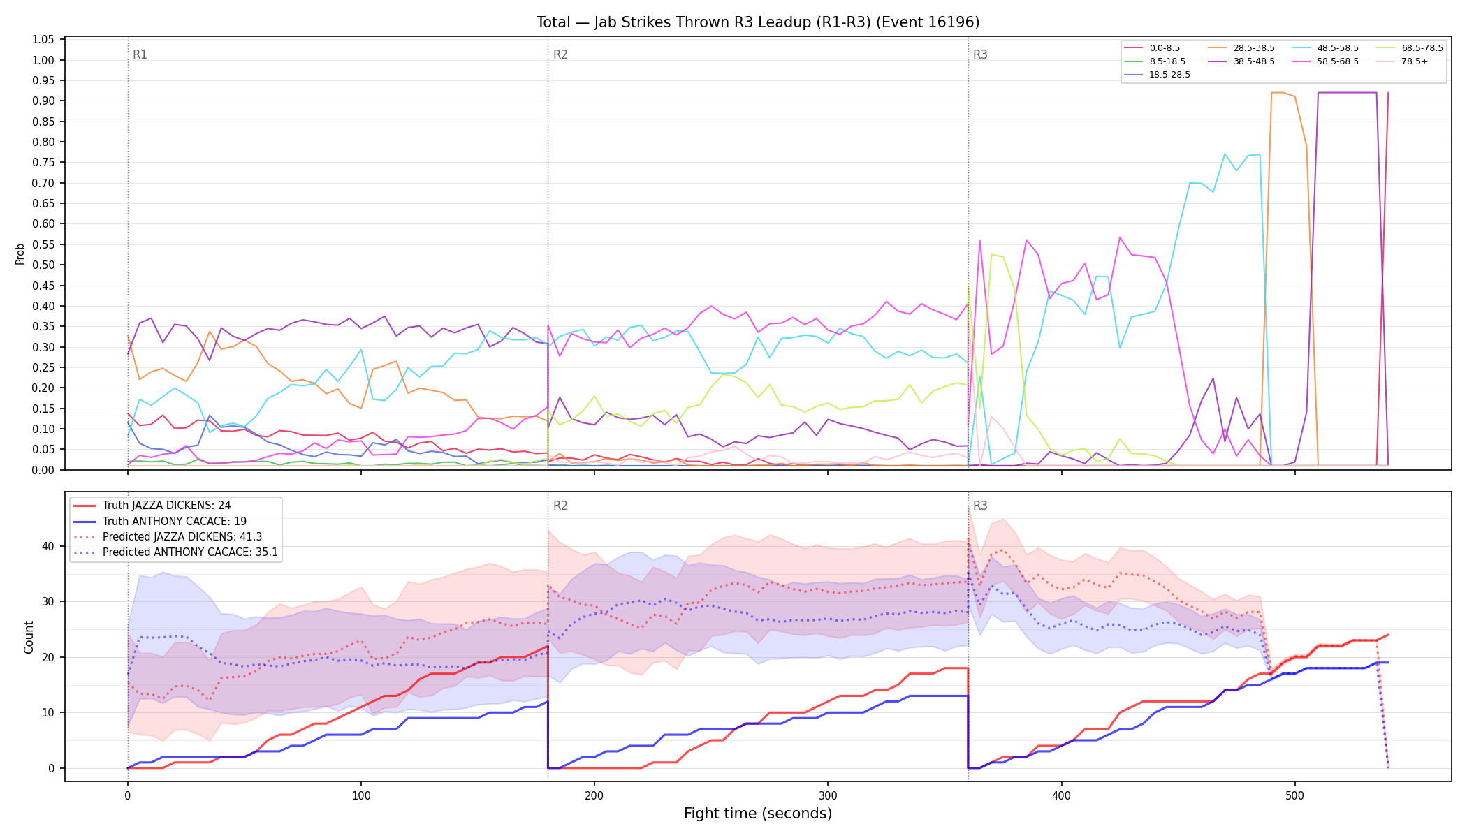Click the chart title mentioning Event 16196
coord(758,22)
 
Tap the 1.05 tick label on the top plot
coord(43,40)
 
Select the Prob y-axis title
coord(20,253)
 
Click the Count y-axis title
coord(29,637)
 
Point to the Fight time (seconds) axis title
coord(758,814)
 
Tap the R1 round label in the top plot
coord(140,54)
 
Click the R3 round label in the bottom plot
coord(980,506)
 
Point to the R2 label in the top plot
coord(560,54)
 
